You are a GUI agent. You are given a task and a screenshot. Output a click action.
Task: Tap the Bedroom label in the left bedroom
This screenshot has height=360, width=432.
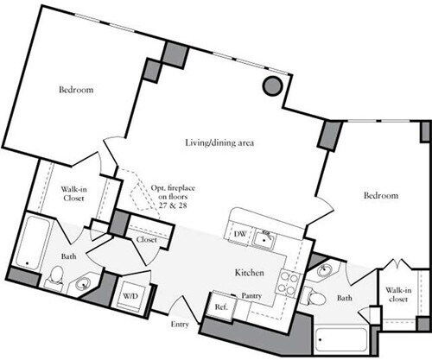[x=76, y=90]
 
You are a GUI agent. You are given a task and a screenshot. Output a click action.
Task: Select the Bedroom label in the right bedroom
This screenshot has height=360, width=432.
[x=380, y=197]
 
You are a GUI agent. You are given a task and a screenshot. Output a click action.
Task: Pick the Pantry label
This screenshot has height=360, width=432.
[x=252, y=296]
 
